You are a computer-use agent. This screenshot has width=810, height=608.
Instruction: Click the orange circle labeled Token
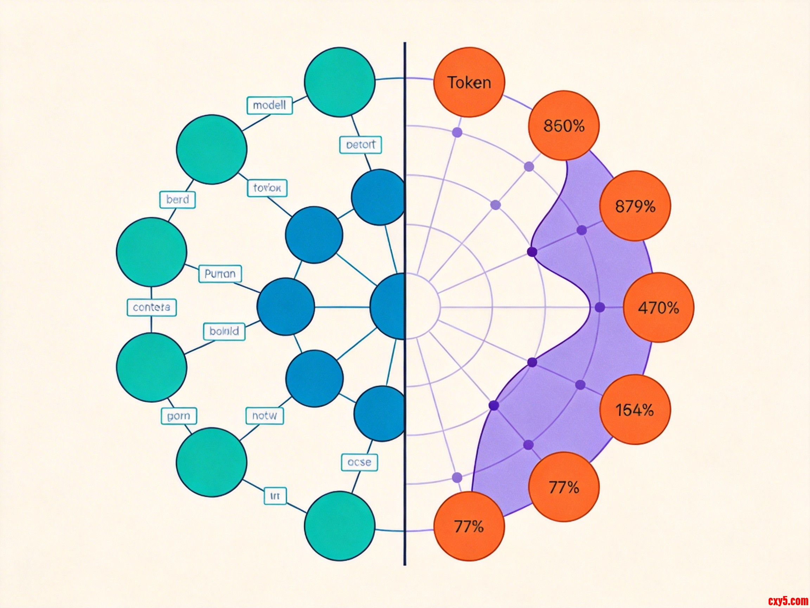coord(469,82)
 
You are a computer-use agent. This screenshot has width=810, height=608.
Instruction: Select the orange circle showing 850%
coord(564,126)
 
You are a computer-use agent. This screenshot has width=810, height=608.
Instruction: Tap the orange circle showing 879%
coord(635,206)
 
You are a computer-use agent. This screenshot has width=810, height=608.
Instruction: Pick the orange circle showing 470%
coord(658,308)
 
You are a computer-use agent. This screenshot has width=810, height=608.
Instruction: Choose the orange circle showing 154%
coord(635,409)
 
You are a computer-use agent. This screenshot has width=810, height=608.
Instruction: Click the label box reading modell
coord(270,106)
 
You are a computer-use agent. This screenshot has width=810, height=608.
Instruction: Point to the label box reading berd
coord(178,200)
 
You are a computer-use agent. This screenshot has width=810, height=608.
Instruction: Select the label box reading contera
coord(152,307)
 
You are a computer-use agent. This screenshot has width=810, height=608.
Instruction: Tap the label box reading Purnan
coord(220,274)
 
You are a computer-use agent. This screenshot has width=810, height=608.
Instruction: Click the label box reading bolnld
coord(224,331)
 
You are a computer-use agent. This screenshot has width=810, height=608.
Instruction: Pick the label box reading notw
coord(265,416)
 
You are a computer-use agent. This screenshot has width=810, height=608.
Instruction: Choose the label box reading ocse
coord(359,462)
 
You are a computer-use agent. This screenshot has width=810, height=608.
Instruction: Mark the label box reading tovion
coord(267,188)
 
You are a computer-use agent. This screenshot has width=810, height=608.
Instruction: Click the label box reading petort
coord(361,145)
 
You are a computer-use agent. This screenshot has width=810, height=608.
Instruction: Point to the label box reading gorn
coord(179,416)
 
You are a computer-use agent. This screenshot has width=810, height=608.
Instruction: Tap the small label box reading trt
coord(275,496)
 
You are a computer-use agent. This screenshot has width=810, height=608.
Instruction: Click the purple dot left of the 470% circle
coord(600,308)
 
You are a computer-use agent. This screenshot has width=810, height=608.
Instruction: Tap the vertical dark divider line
coord(405,367)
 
